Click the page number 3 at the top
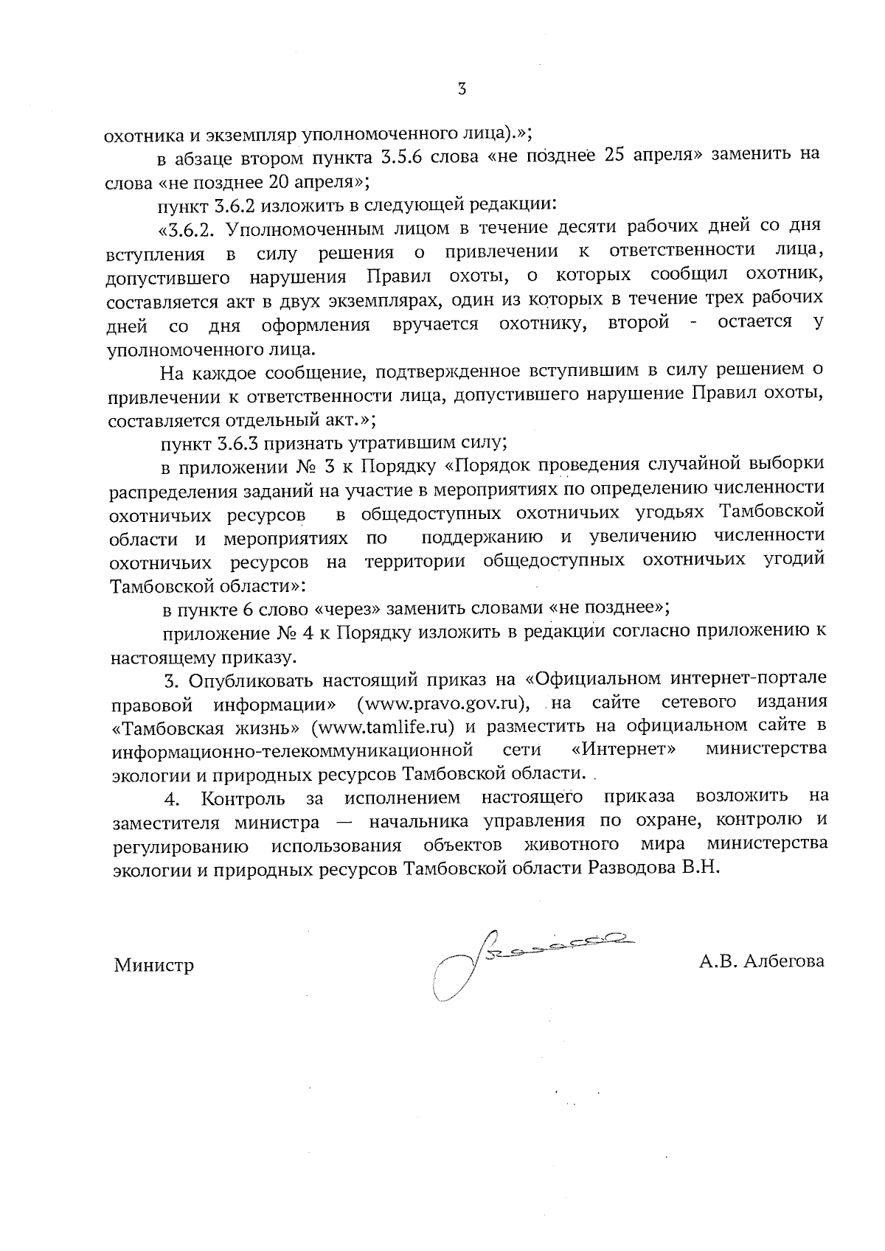click(x=462, y=89)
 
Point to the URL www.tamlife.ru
click(x=381, y=725)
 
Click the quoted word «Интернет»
click(x=625, y=749)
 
